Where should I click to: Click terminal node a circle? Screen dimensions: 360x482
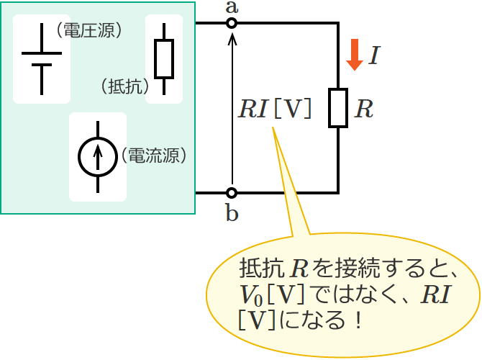pos(232,23)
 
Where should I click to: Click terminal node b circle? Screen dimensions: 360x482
pos(232,193)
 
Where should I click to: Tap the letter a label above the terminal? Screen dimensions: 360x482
pos(232,7)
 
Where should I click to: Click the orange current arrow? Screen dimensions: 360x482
pos(354,55)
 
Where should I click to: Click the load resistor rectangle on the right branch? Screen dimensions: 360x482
pos(338,108)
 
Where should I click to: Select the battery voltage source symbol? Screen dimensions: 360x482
pos(41,59)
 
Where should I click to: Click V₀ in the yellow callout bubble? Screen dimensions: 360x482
pos(253,294)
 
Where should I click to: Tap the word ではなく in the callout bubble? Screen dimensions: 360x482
pos(349,294)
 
